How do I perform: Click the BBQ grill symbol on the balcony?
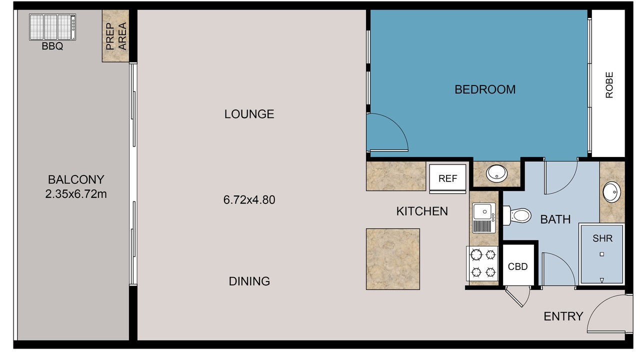[x=52, y=27]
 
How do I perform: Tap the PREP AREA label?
[x=116, y=36]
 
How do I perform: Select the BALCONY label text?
[x=76, y=179]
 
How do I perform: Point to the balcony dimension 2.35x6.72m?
[x=76, y=194]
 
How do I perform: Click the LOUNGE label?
[x=249, y=114]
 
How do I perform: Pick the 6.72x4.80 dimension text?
[x=249, y=200]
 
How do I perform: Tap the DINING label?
[x=249, y=281]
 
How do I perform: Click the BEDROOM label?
[x=485, y=89]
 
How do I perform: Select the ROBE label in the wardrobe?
[x=609, y=85]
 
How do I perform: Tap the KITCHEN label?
[x=422, y=211]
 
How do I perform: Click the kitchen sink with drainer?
[x=483, y=217]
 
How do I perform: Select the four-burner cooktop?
[x=482, y=263]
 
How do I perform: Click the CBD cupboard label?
[x=517, y=267]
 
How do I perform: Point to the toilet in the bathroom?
[x=517, y=215]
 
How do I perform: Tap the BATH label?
[x=555, y=219]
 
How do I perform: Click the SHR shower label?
[x=602, y=238]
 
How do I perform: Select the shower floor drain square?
[x=601, y=254]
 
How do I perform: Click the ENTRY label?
[x=563, y=316]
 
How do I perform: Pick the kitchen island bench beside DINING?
[x=393, y=259]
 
